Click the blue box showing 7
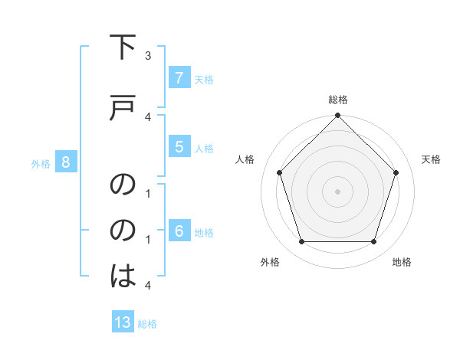[179, 77]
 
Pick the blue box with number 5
[179, 146]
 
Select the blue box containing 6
[179, 231]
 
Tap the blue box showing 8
[66, 162]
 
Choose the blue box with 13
[123, 322]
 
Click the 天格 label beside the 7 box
[204, 79]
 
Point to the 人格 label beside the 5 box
[204, 148]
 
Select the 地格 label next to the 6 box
[204, 232]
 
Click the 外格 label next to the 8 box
[41, 163]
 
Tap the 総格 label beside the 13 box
[147, 324]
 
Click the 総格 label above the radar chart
[338, 100]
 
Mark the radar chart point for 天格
[396, 172]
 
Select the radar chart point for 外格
[301, 242]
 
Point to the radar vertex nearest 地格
[374, 242]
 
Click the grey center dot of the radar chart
[338, 191]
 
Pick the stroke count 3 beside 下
[148, 55]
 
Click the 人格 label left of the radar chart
[245, 159]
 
